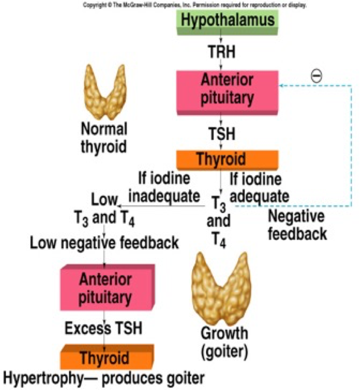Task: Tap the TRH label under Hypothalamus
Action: (x=221, y=51)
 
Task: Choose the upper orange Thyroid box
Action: (x=227, y=159)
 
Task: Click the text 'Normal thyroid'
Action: (x=103, y=137)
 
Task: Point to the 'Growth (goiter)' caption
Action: (x=224, y=341)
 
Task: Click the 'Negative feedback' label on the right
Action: (x=297, y=225)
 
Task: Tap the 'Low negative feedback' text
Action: (x=104, y=243)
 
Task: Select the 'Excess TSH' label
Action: (x=103, y=329)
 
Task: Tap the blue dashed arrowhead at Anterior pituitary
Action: (x=281, y=85)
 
